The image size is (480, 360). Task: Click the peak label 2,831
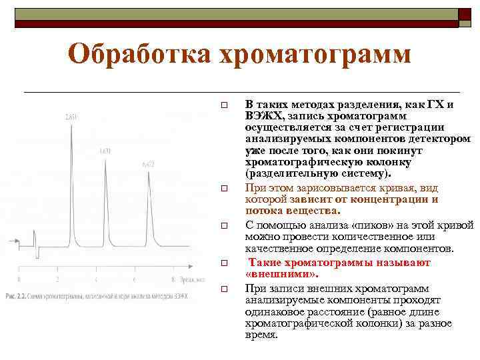click(x=71, y=117)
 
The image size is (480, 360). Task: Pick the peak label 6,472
click(x=148, y=163)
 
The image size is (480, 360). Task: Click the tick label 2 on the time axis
click(x=58, y=279)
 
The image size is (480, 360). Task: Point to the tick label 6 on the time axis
click(x=135, y=279)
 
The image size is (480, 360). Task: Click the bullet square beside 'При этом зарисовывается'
click(x=225, y=190)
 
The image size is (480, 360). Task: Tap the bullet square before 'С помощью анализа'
click(x=225, y=227)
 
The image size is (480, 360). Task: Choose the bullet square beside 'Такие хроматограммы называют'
click(x=225, y=264)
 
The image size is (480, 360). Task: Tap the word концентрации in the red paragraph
click(x=389, y=199)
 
